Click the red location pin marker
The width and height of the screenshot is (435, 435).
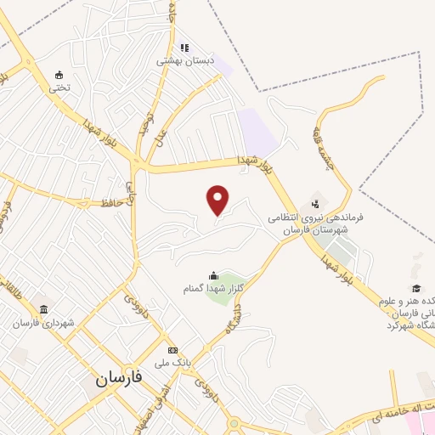[x=218, y=200]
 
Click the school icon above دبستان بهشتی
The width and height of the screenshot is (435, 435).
[x=184, y=48]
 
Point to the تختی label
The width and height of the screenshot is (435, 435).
[x=58, y=87]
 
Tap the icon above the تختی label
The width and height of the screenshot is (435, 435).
[x=58, y=74]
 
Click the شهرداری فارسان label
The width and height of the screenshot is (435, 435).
[x=43, y=324]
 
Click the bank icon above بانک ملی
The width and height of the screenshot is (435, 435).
[x=173, y=350]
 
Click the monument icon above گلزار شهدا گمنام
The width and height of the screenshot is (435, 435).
[x=212, y=275]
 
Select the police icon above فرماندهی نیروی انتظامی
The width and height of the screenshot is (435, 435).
[x=316, y=204]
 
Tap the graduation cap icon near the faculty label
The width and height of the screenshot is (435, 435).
[x=417, y=288]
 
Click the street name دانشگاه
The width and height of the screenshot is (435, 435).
[x=232, y=317]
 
